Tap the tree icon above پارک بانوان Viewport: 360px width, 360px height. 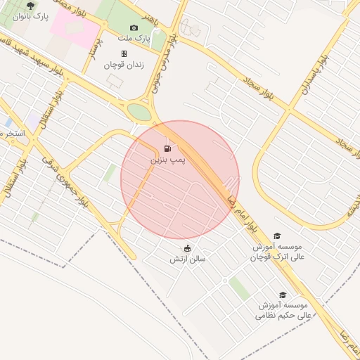coord(29,5)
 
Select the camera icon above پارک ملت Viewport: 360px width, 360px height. coord(134,27)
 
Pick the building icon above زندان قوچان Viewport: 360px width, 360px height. coord(124,53)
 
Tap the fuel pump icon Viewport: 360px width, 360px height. coord(167,148)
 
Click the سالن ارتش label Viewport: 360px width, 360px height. coord(187,259)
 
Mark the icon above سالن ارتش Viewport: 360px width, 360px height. coord(187,248)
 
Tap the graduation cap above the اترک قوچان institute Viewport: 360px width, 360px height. coord(277,237)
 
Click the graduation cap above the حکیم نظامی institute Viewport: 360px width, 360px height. coord(283,295)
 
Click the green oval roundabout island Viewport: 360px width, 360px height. coord(139,112)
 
